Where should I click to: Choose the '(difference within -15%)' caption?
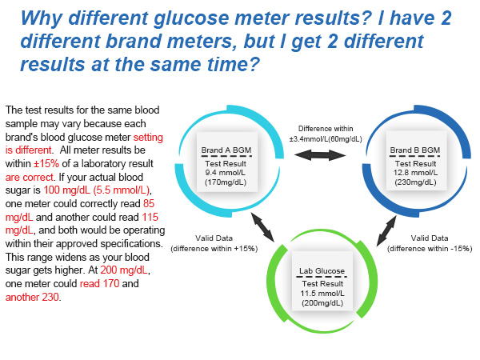coord(430,249)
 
